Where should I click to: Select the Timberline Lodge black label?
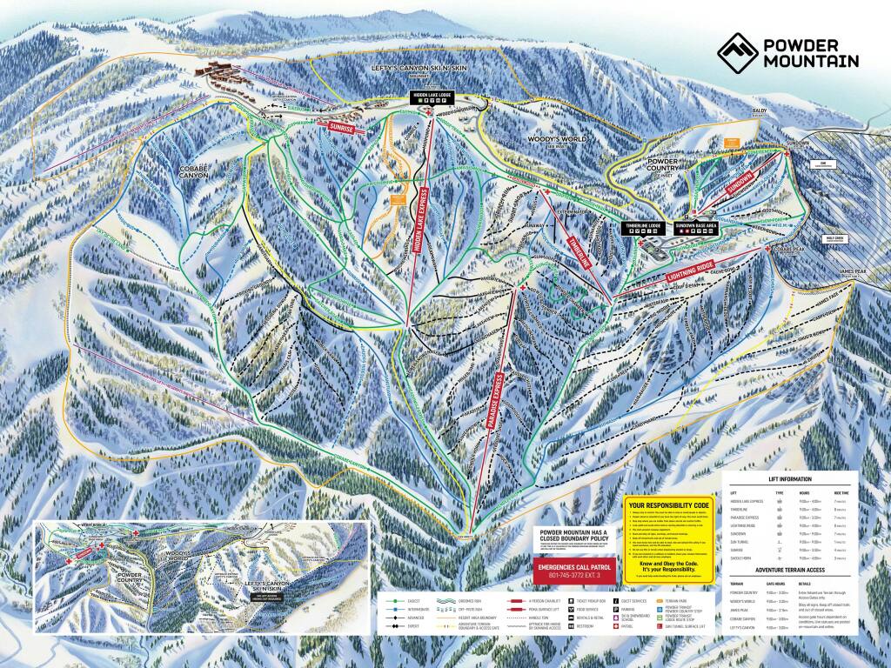click(643, 225)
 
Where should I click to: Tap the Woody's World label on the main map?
click(553, 139)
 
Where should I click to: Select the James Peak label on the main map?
click(855, 273)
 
